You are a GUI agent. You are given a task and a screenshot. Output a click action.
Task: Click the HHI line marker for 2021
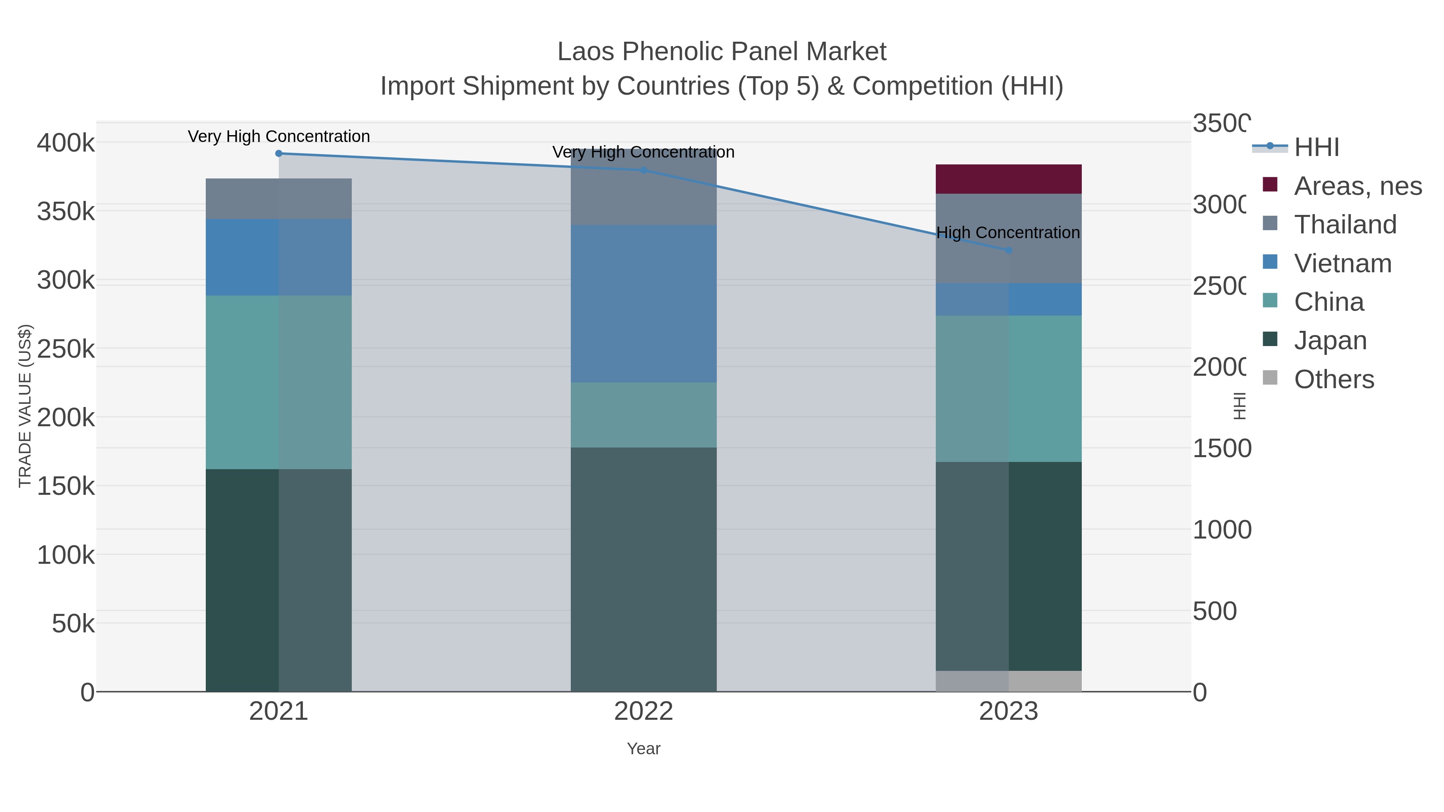[x=279, y=154]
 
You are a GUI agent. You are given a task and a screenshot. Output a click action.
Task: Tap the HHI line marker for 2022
[x=643, y=170]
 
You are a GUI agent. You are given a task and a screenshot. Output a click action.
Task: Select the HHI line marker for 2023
[x=1008, y=251]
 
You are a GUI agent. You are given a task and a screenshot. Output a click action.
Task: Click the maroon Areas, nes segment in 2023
[x=1008, y=179]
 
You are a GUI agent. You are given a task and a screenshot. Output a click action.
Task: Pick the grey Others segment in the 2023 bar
[x=1008, y=681]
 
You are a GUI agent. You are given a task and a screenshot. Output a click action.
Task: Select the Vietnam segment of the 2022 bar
[x=643, y=304]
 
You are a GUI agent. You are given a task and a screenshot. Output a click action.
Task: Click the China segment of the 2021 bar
[x=279, y=382]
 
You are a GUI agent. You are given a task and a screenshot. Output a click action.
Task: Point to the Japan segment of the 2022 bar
[x=643, y=569]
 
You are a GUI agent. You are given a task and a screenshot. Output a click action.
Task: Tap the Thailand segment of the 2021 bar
[x=279, y=199]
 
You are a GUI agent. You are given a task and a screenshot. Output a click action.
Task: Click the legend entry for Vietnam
[x=1343, y=263]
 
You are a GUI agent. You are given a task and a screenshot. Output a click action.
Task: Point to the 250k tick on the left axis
[x=66, y=349]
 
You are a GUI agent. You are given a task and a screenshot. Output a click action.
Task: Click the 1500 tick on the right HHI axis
[x=1221, y=448]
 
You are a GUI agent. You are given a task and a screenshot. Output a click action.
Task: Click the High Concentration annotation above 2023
[x=1008, y=233]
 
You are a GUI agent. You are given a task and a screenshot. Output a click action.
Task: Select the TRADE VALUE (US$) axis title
[x=25, y=406]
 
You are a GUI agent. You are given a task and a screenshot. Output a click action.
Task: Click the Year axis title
[x=643, y=749]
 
